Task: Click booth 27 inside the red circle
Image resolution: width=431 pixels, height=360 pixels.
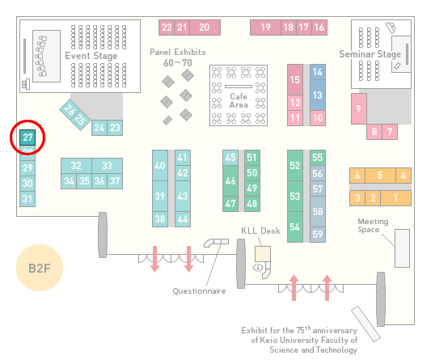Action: tap(27, 138)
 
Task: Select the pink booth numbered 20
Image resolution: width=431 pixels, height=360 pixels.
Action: tap(205, 28)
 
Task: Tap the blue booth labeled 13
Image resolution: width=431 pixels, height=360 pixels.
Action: tap(318, 95)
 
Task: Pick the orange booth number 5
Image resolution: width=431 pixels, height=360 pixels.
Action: tap(380, 176)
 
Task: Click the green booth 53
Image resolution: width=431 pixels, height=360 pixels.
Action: tap(295, 196)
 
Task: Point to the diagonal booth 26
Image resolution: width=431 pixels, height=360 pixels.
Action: tap(69, 109)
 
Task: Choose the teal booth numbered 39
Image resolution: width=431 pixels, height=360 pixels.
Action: tap(160, 196)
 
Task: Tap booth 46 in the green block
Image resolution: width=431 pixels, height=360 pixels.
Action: tap(230, 180)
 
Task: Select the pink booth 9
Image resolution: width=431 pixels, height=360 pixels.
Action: tap(359, 108)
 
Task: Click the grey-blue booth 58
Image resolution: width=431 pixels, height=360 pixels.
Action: tap(318, 211)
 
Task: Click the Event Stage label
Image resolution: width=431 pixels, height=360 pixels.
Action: tap(91, 56)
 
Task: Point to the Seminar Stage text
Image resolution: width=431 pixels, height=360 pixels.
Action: tap(370, 54)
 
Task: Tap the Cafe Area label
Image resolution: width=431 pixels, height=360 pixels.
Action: tap(239, 100)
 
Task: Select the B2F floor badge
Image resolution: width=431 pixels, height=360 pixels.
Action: tap(40, 268)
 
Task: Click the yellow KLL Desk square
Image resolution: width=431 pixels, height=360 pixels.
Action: tap(263, 254)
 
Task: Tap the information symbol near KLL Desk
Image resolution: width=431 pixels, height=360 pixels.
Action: tap(258, 267)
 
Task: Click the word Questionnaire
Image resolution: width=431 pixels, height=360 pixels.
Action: tap(199, 291)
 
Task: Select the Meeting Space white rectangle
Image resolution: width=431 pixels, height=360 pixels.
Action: tap(402, 248)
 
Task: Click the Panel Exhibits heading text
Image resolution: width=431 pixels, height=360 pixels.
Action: tap(178, 52)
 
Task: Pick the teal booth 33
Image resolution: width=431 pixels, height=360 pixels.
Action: tap(108, 166)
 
